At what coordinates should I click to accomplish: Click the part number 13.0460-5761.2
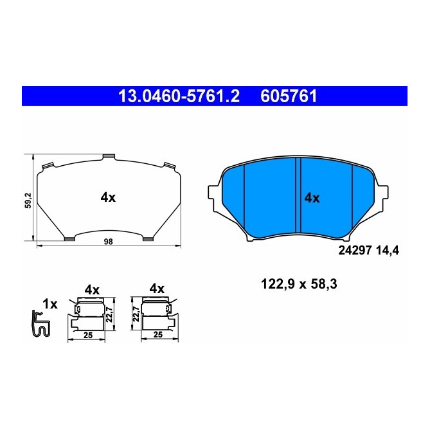(x=178, y=97)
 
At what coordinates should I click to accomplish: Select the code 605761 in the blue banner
(x=289, y=97)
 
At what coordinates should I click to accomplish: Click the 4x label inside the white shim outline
(x=108, y=198)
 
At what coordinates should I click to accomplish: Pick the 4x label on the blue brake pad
(x=312, y=198)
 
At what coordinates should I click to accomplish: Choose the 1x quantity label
(x=49, y=303)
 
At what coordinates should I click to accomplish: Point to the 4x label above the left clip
(x=92, y=290)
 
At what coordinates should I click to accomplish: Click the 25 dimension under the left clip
(x=89, y=335)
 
